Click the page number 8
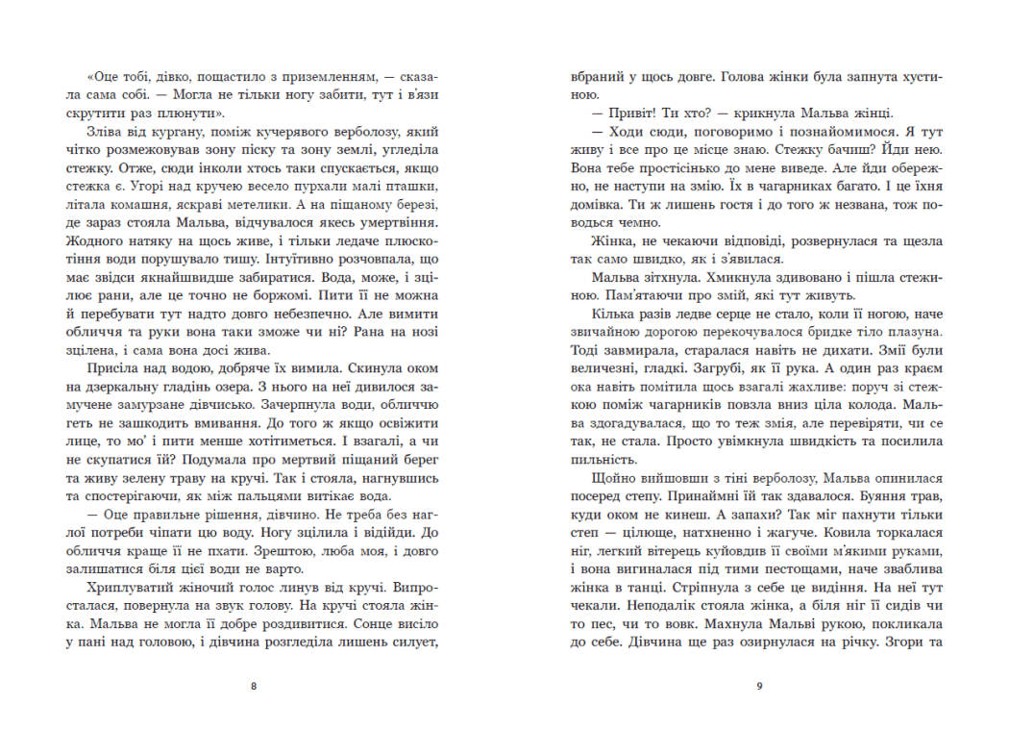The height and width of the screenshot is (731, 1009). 253,687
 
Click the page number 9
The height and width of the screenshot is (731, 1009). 759,687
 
